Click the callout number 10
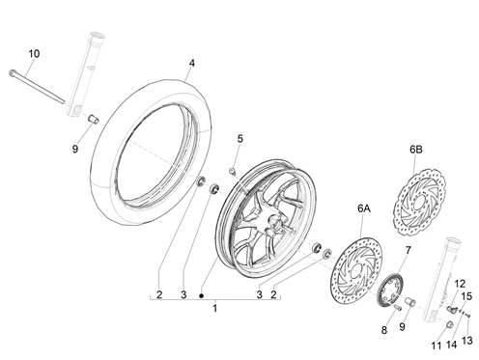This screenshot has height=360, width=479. point(33,53)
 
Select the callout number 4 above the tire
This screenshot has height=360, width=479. point(191,64)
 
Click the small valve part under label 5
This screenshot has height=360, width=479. point(233,172)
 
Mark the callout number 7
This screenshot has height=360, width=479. point(407,250)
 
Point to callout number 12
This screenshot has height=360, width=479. point(460,284)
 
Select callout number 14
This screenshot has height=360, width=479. point(450,345)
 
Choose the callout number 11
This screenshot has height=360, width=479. point(435,345)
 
